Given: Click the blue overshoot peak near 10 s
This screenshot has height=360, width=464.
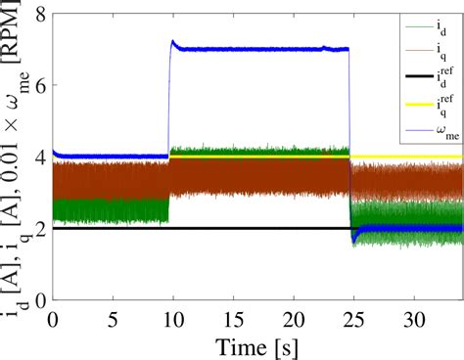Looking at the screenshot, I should click(173, 42).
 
